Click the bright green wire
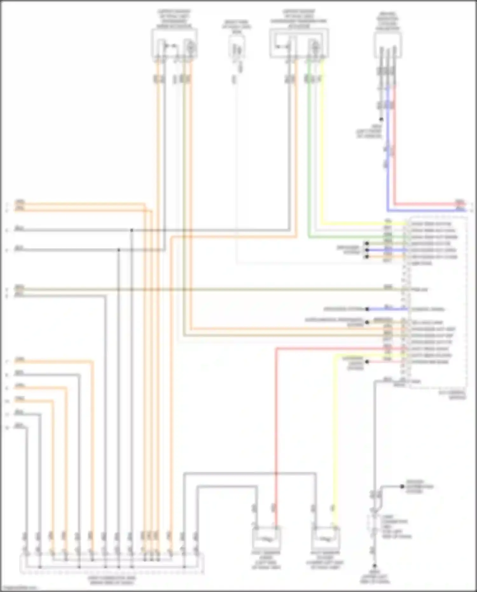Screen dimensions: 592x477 click(x=308, y=159)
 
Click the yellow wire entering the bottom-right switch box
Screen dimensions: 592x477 click(x=334, y=445)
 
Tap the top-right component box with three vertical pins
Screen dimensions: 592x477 click(x=388, y=45)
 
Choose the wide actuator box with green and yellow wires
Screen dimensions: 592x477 click(x=299, y=43)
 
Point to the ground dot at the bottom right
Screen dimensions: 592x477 click(x=375, y=566)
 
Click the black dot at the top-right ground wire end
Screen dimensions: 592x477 click(x=381, y=120)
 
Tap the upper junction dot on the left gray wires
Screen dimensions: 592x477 click(x=131, y=230)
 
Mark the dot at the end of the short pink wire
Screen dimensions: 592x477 click(x=367, y=362)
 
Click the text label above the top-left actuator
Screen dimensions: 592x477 click(x=174, y=19)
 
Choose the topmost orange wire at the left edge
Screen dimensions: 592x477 click(x=79, y=204)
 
